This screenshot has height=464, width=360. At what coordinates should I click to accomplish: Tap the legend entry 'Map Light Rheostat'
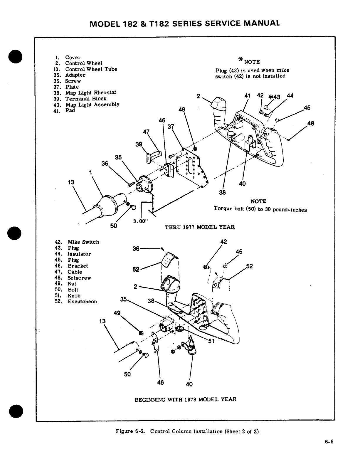[90, 93]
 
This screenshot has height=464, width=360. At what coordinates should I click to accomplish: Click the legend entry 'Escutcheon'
[82, 302]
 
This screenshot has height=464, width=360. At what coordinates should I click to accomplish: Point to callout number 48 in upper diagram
[311, 124]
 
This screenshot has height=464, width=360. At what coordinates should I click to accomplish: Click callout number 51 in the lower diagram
[211, 341]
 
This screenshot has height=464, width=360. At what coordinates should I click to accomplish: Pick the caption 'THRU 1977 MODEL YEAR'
[200, 227]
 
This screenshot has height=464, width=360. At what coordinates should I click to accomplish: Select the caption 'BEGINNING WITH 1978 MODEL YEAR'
[185, 399]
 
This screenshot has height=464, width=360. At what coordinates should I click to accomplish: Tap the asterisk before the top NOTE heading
[241, 60]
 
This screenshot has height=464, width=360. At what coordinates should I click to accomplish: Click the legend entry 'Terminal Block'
[86, 99]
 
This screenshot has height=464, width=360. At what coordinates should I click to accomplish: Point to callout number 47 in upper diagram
[147, 131]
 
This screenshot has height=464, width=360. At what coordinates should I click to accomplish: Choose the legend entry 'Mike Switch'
[83, 242]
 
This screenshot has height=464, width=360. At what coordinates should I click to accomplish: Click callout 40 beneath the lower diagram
[189, 384]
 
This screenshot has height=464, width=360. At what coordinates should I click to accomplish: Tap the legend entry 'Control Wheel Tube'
[91, 69]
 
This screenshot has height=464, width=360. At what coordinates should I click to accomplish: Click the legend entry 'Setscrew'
[79, 278]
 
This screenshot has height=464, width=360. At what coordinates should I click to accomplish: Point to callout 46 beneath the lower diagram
[160, 382]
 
